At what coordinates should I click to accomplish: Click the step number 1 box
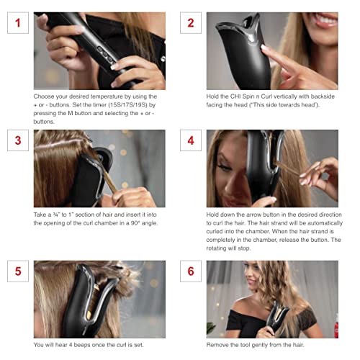(18, 22)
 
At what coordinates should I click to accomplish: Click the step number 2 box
(190, 22)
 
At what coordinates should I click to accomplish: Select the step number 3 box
(18, 140)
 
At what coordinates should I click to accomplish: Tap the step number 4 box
(190, 140)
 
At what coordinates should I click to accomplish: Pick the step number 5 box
(18, 271)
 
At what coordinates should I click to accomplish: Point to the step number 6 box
(190, 271)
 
